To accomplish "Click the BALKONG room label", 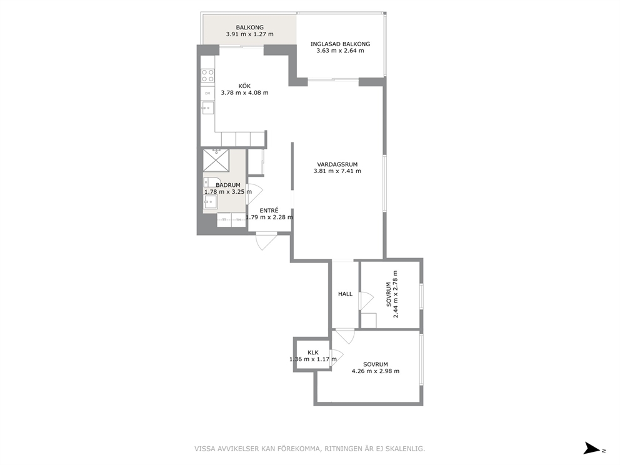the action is [x=249, y=27].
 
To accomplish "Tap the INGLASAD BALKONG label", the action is [x=340, y=44].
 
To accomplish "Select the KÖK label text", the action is [x=244, y=86].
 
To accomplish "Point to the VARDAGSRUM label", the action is [x=337, y=164].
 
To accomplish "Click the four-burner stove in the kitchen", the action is [x=208, y=76].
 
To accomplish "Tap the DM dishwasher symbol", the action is [x=207, y=93].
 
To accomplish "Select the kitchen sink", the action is [x=207, y=108].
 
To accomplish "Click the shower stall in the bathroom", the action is [x=216, y=161].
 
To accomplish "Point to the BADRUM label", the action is [x=227, y=185].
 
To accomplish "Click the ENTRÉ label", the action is [x=269, y=211].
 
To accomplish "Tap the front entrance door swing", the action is [x=266, y=241].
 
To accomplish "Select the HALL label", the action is [x=345, y=294].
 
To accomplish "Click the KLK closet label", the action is [x=313, y=352].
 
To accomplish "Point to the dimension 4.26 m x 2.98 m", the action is [x=376, y=371].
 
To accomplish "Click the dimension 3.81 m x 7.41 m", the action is [x=337, y=171].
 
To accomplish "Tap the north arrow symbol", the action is [x=592, y=448].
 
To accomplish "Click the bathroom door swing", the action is [x=254, y=194].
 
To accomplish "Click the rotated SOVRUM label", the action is [x=389, y=294].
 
